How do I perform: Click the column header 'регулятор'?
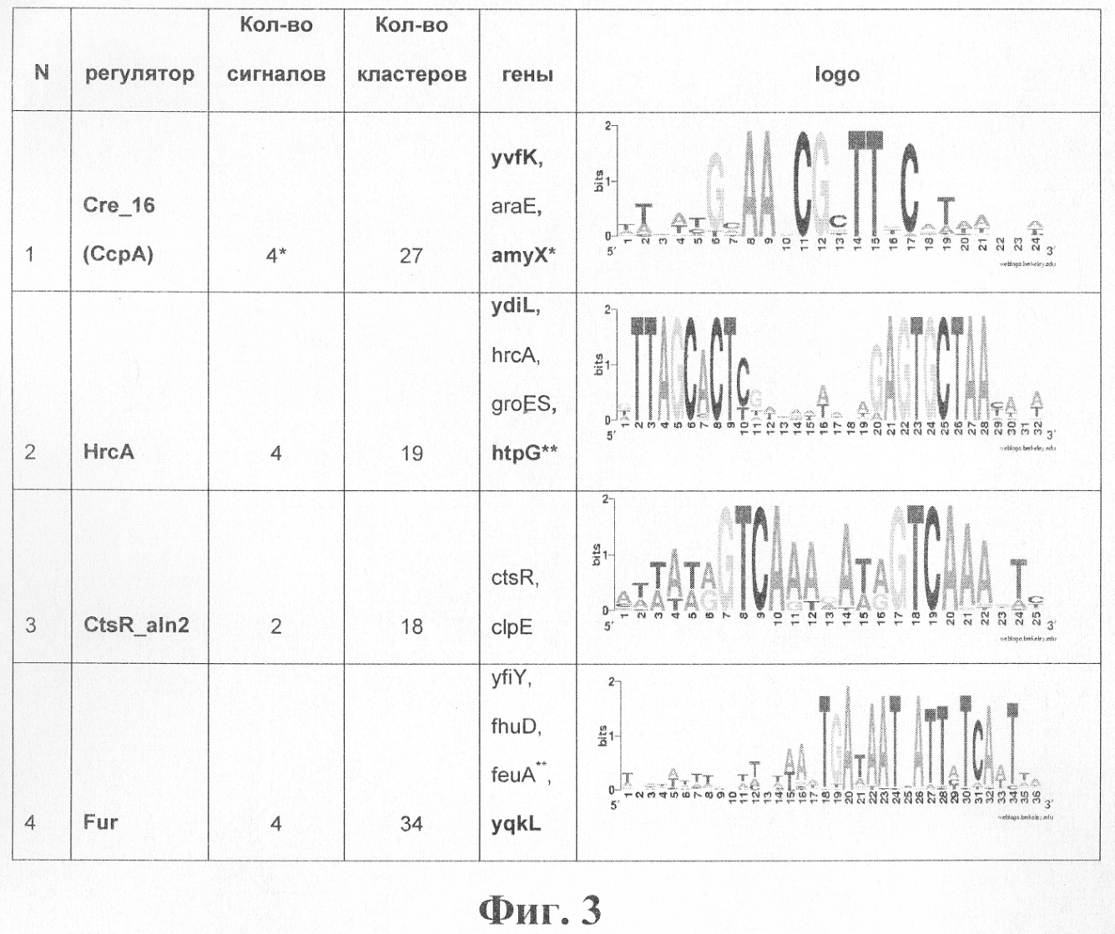click(139, 73)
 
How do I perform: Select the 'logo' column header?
click(837, 74)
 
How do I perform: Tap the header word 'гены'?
click(527, 74)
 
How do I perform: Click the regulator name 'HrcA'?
click(108, 452)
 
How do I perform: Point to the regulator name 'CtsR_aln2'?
click(136, 625)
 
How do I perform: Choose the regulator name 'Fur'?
click(100, 822)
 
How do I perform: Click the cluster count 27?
click(411, 255)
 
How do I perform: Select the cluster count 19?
click(411, 453)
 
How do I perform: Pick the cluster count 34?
click(411, 824)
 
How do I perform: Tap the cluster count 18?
click(411, 625)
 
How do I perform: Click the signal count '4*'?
click(276, 255)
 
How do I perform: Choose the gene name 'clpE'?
click(512, 625)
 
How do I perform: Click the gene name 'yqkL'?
click(516, 824)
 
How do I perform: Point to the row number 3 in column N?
click(31, 625)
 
